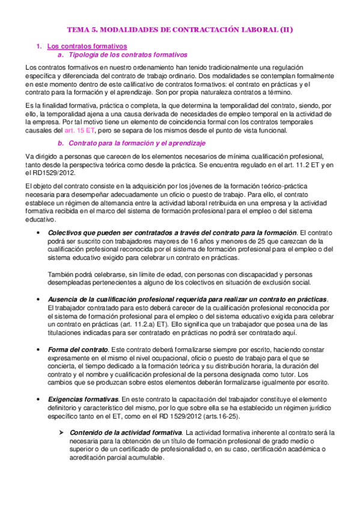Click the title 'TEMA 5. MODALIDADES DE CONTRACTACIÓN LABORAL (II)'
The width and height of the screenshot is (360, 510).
pos(180,29)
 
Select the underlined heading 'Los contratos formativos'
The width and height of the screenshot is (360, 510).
pos(87,46)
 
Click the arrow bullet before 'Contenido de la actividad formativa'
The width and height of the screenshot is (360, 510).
pos(60,432)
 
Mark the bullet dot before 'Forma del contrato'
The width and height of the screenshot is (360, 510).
pos(38,349)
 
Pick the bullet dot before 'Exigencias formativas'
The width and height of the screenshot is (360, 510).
pos(38,399)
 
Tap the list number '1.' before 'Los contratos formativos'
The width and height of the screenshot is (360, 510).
pos(39,46)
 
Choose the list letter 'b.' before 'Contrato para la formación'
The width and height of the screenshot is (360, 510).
pos(59,144)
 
